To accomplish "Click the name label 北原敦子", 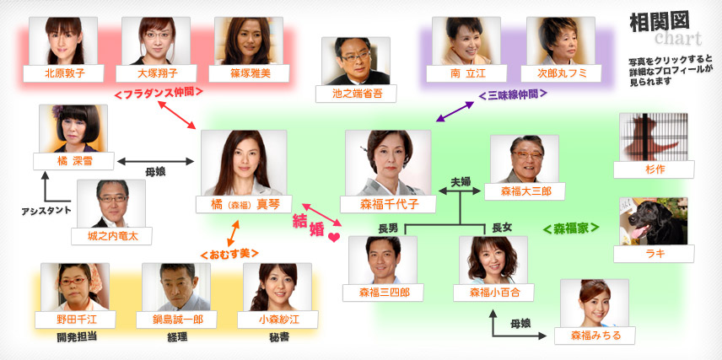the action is (63, 73).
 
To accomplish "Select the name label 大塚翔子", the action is (156, 73).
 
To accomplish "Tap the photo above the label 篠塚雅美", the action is (249, 41).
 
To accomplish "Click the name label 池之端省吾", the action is (356, 94).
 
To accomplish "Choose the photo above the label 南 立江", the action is (466, 41).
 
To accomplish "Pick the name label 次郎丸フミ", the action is (561, 73).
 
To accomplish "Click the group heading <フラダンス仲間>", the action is (158, 93).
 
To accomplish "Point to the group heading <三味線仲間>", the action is (513, 94).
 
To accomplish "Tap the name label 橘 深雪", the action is (73, 161).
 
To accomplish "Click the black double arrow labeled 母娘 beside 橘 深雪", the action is (156, 161).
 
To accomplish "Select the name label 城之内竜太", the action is (111, 236).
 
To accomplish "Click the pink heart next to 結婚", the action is (334, 238).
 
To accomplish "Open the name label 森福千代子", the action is (388, 204).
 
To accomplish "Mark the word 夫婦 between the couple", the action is (461, 181).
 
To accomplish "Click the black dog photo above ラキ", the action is (654, 221).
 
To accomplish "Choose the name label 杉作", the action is (654, 169).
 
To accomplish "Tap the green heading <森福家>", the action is (571, 228).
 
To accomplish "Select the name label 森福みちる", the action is (595, 336).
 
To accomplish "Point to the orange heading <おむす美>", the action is (229, 254).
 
